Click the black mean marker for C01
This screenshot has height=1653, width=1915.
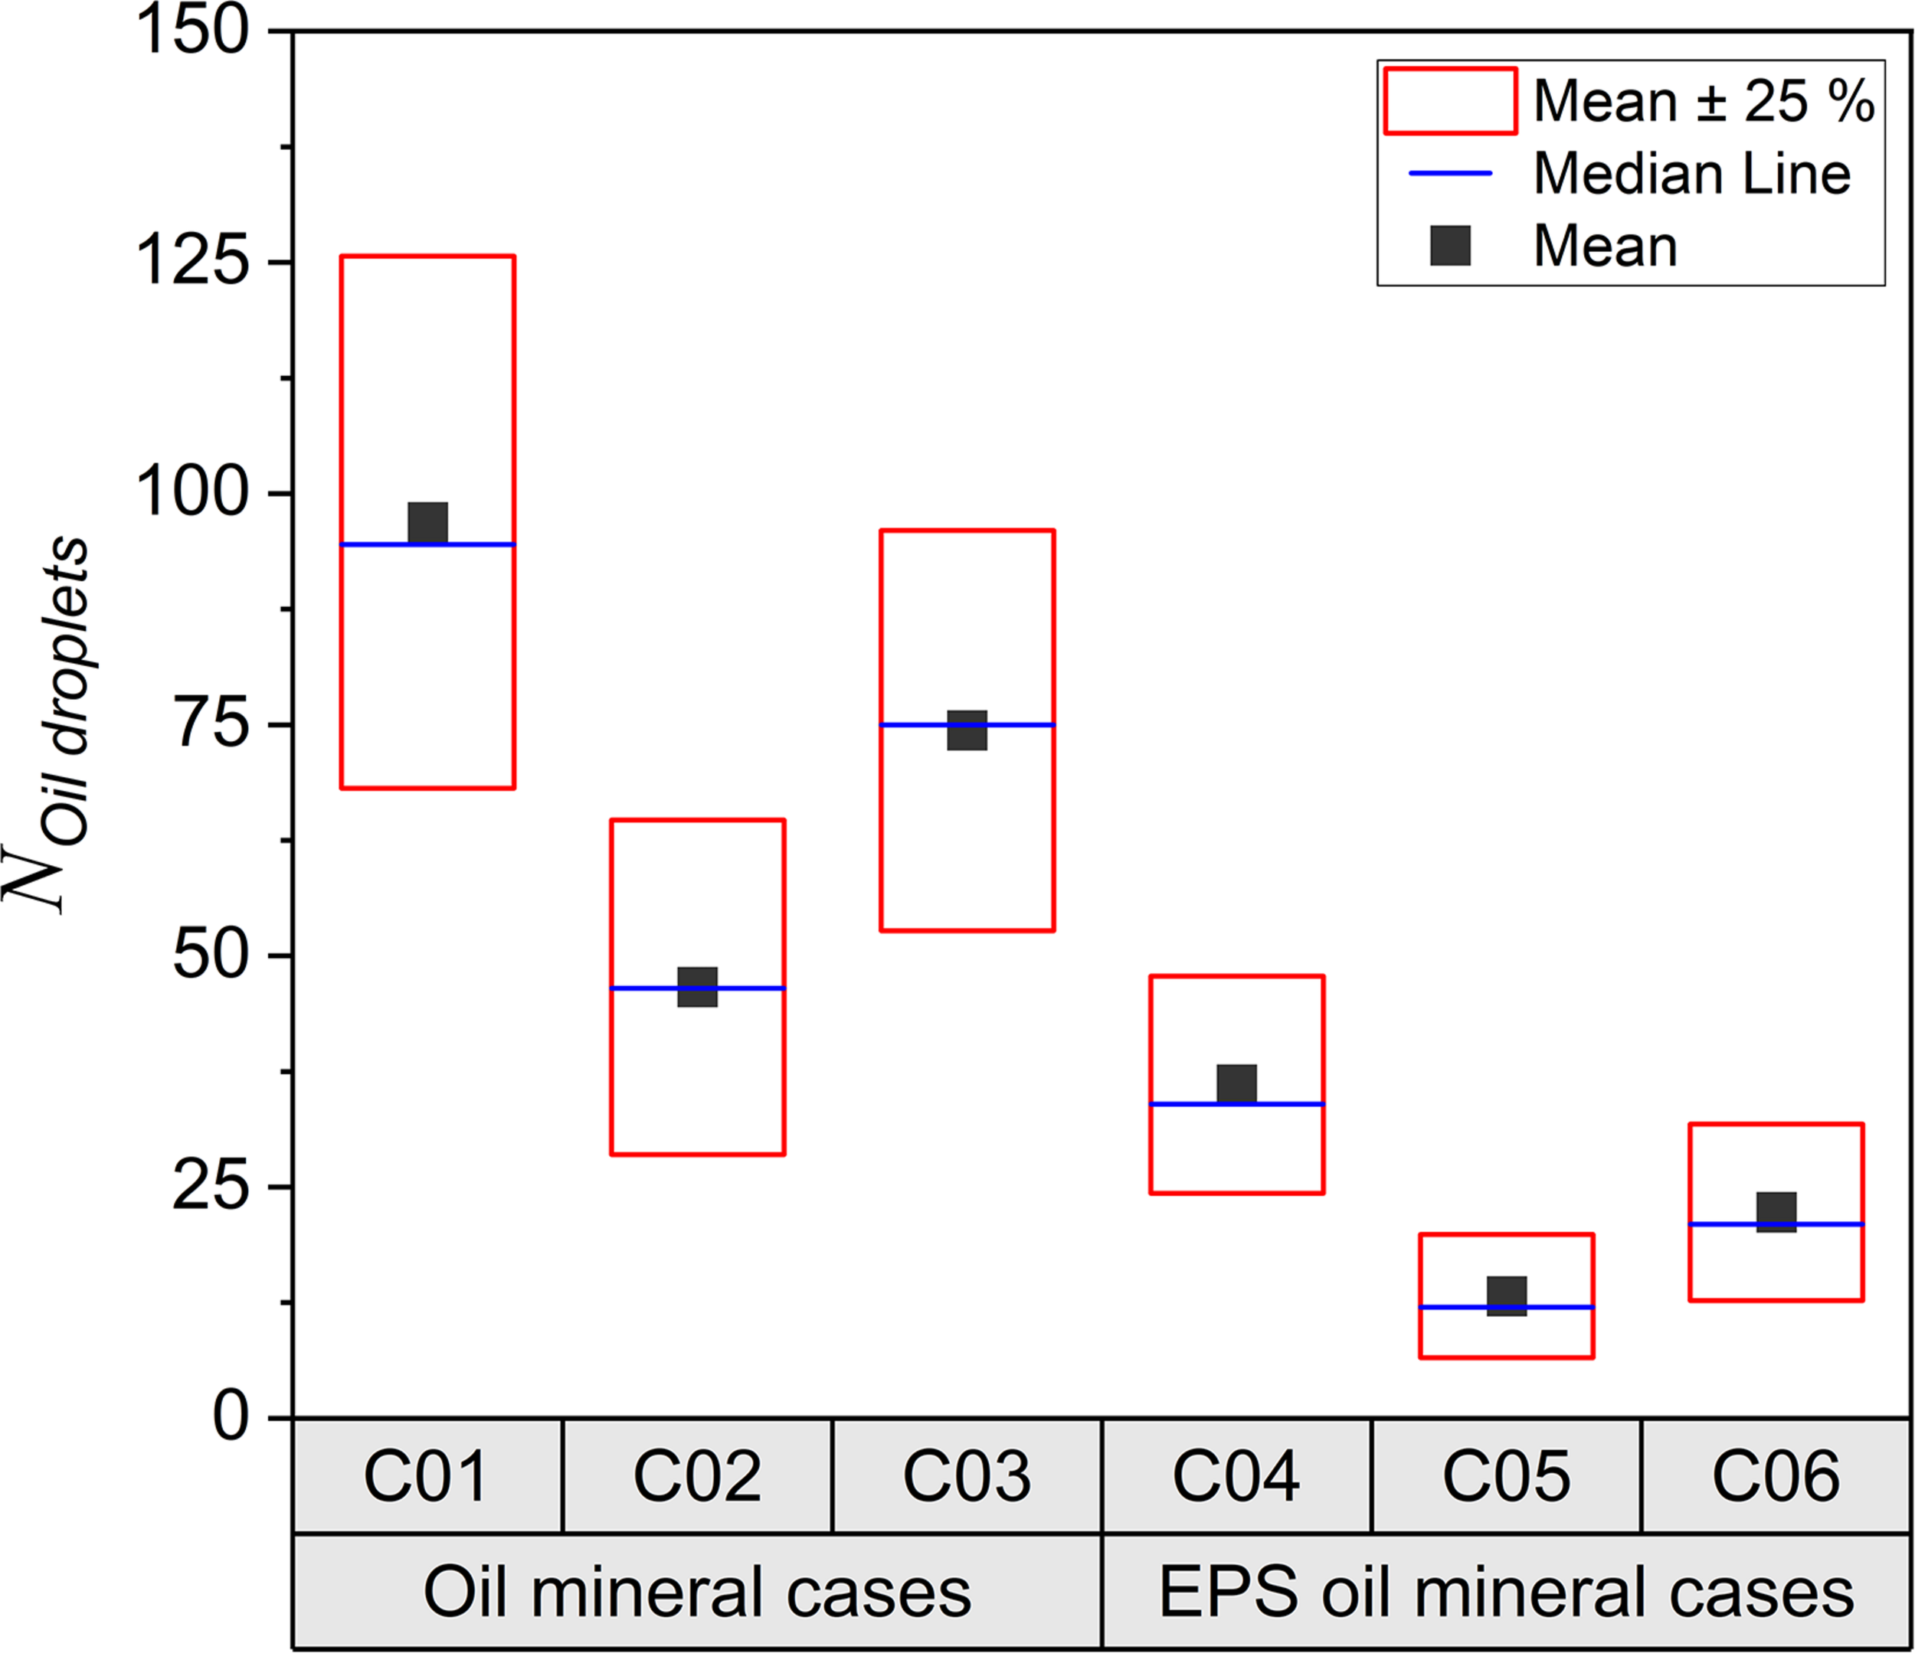point(428,523)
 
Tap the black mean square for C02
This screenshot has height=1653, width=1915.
point(698,987)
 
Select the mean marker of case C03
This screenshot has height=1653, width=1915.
point(967,730)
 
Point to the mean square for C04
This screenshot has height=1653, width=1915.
point(1236,1084)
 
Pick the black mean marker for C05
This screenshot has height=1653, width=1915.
point(1507,1295)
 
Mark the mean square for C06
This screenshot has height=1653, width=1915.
point(1776,1212)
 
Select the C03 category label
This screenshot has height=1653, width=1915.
point(967,1476)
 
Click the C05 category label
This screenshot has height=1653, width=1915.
point(1507,1476)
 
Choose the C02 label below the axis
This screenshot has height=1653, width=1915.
point(698,1476)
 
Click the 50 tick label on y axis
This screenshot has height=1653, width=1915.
point(211,956)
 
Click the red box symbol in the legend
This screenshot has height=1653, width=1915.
point(1450,101)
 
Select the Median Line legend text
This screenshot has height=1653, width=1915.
point(1691,174)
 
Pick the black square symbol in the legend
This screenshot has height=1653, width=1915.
point(1450,246)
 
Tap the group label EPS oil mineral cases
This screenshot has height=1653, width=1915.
point(1507,1592)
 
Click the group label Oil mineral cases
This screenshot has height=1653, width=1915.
point(698,1592)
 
